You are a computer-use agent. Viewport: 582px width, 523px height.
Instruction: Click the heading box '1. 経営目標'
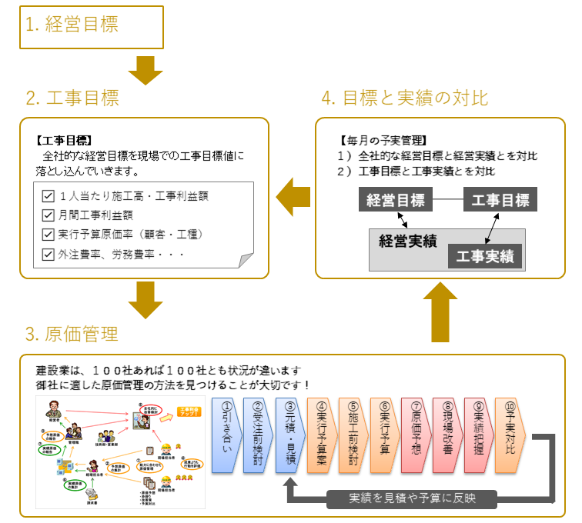click(x=92, y=27)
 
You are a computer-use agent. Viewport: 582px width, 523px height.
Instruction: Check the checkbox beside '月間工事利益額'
click(x=48, y=215)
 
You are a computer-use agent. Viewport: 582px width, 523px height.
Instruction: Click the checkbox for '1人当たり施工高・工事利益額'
click(x=48, y=196)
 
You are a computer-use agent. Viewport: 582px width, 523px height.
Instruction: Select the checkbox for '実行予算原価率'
click(x=48, y=235)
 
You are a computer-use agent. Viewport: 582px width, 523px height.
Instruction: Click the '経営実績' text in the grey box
click(x=408, y=241)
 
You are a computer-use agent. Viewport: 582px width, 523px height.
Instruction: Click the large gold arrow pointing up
click(x=440, y=311)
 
